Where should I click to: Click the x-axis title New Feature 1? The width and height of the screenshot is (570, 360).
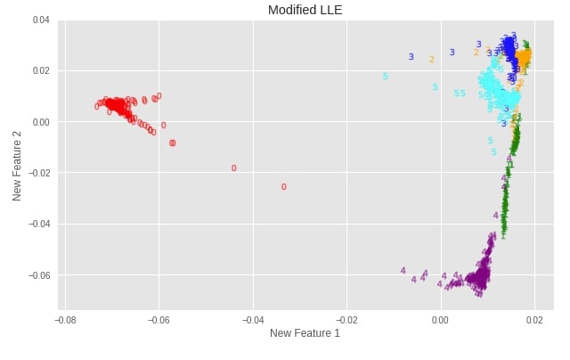[305, 333]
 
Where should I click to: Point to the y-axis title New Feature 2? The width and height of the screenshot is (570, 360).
[18, 164]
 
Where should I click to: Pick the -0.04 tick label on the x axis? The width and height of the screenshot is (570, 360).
[252, 318]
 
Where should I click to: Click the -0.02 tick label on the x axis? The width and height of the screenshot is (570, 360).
[346, 318]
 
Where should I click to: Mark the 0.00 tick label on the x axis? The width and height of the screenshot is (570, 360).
[441, 318]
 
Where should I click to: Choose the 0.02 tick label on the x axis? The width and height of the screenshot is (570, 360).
[534, 318]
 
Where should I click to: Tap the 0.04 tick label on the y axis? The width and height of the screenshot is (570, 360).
[41, 20]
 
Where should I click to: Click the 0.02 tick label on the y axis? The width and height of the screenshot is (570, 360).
[41, 70]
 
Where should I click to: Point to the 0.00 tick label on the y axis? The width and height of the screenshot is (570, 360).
[41, 122]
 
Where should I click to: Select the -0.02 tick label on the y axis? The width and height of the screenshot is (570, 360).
[39, 173]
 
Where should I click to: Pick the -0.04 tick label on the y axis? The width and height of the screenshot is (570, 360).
[39, 225]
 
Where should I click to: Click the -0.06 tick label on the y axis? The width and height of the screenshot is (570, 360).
[39, 275]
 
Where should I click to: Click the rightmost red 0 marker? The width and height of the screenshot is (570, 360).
[284, 187]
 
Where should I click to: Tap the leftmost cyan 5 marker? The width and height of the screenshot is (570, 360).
[386, 77]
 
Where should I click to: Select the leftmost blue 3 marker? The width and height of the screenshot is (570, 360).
[411, 57]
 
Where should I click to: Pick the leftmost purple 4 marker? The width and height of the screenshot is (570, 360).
[403, 271]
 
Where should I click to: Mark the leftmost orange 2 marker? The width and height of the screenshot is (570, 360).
[432, 60]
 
